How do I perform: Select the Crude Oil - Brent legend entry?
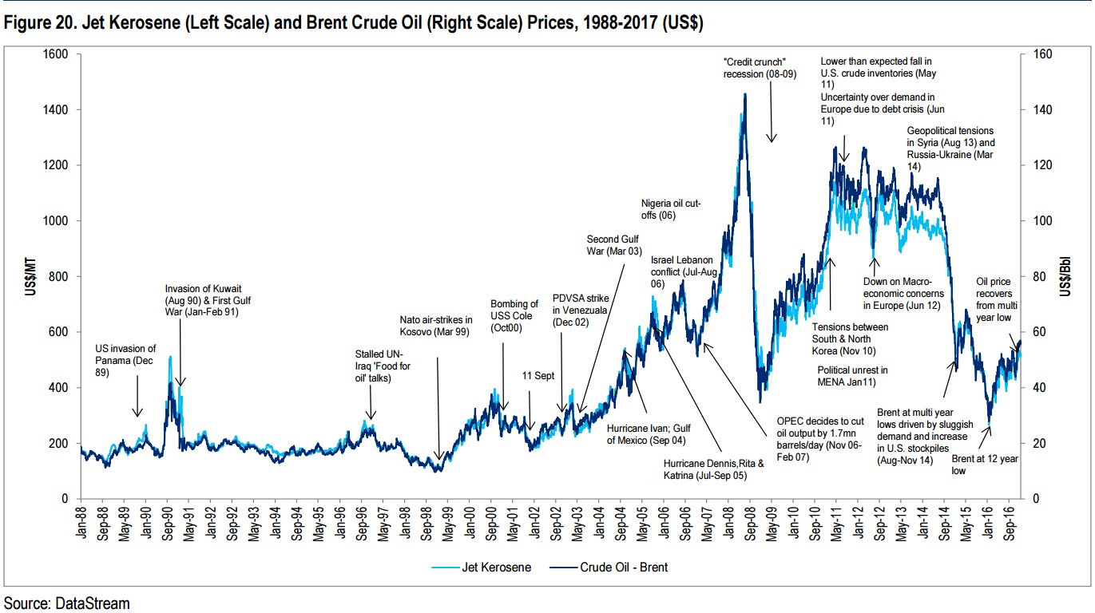[x=620, y=568]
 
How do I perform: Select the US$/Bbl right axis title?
[x=1067, y=276]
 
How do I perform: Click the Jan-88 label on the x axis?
[x=82, y=524]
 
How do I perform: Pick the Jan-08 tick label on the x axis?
[x=732, y=524]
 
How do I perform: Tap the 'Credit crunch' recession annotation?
[x=756, y=68]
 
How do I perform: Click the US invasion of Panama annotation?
[x=125, y=360]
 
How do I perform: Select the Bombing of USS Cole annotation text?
[x=514, y=315]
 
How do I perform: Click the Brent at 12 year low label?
[x=986, y=465]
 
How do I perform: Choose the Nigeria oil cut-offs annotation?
[x=671, y=210]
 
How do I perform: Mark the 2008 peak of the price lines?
[x=745, y=94]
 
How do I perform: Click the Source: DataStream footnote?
[x=66, y=603]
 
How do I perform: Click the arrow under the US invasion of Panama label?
[x=137, y=398]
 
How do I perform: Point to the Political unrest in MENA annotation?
[x=852, y=376]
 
